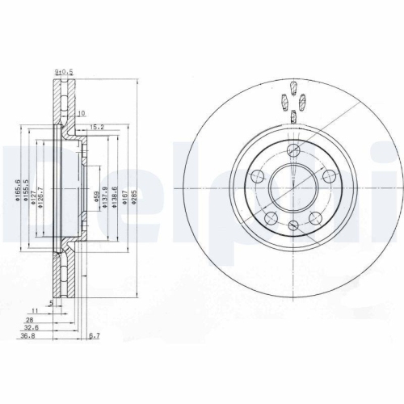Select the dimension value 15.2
coord(96,126)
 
